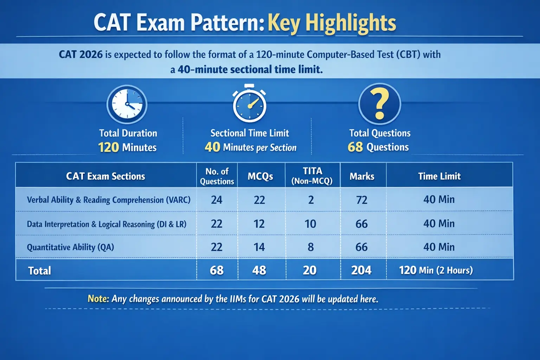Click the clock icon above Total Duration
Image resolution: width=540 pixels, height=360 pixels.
point(127,104)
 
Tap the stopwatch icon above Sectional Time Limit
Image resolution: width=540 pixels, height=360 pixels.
point(249,105)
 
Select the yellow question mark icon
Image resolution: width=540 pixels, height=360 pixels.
point(380,104)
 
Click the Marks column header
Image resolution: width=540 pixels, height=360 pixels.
point(362,176)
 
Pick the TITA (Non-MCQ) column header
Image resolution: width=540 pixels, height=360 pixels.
point(312,176)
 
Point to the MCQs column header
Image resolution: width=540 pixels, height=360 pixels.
point(260,176)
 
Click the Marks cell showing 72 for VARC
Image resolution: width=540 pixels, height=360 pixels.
point(362,200)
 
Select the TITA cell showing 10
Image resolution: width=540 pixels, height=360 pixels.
point(310,224)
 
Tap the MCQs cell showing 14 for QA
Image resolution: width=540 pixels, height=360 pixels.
point(259,247)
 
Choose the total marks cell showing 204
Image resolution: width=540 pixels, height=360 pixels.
point(361,270)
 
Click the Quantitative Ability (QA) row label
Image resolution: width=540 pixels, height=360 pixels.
point(70,247)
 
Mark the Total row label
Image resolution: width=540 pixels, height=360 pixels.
point(39,271)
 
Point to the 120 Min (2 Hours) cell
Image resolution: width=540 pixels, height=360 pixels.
point(436,270)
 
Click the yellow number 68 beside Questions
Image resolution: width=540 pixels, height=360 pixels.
point(355,147)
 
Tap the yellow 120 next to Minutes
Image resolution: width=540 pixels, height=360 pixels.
point(108,147)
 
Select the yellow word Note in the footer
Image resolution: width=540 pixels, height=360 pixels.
point(98,298)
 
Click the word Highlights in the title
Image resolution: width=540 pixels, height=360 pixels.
point(351,23)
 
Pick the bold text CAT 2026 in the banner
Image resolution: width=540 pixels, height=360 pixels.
point(81,54)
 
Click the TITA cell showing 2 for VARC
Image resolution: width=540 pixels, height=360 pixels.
point(311,200)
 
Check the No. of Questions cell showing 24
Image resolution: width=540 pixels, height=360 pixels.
point(217,200)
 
